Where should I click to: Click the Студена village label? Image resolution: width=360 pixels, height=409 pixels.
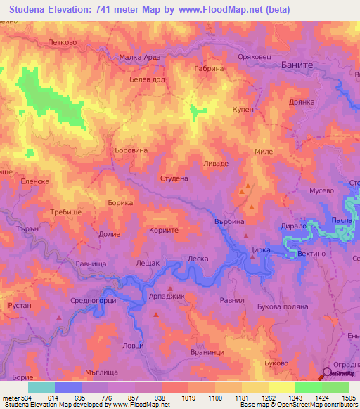[174, 178]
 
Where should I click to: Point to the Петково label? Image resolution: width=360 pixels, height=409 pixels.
[62, 41]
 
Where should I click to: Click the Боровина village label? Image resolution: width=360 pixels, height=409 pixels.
[130, 150]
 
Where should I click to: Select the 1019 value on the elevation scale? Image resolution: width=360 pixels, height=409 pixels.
[189, 397]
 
